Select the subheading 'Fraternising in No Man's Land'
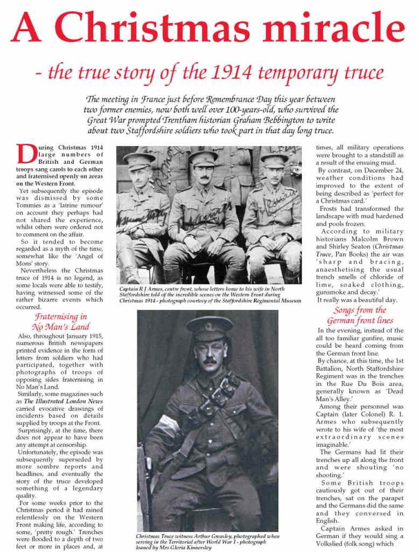(x=60, y=321)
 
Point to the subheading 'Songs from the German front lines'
(x=359, y=315)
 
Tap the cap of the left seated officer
(x=139, y=158)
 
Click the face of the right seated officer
(x=274, y=177)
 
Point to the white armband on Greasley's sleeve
(x=165, y=426)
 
